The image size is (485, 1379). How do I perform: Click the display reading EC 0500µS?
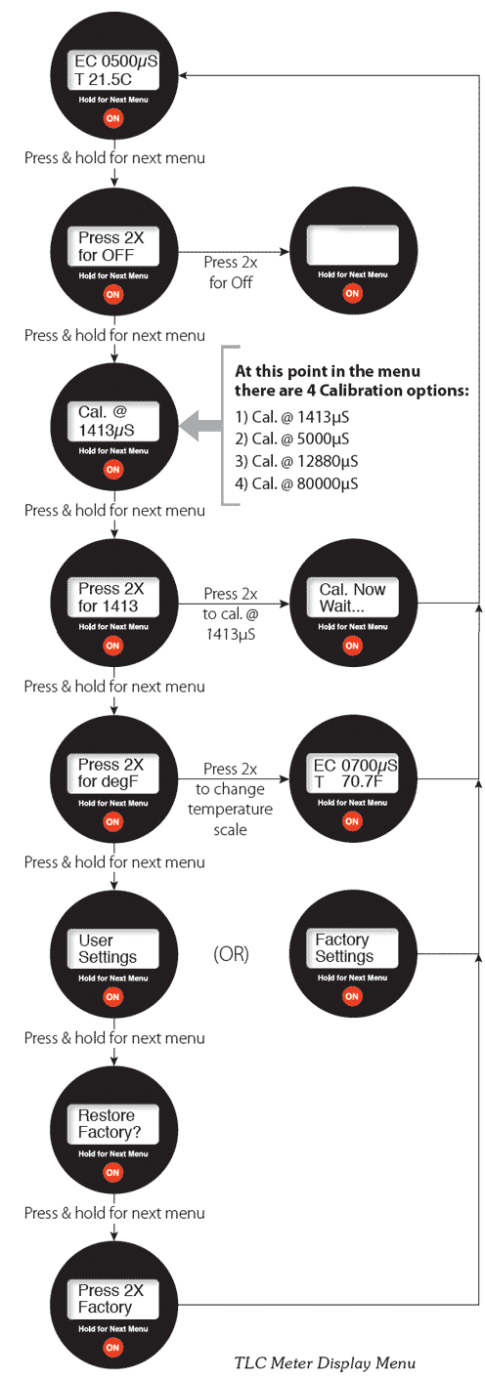113,70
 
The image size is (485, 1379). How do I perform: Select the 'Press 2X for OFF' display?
113,246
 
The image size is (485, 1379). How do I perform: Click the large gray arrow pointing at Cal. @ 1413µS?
200,426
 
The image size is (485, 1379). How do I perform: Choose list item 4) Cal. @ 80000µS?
296,483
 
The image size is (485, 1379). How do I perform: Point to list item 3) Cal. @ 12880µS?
296,461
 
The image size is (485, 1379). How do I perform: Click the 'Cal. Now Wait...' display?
352,597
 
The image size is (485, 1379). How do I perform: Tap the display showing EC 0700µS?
352,773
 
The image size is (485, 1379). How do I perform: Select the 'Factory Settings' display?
352,948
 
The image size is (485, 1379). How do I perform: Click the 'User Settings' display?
113,948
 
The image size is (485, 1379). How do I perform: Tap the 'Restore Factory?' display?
113,1124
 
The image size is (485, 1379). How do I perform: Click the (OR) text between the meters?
231,954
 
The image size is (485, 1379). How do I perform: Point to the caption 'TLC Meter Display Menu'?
325,1363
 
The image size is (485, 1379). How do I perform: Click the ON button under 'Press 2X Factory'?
112,1348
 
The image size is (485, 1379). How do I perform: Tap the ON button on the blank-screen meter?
352,293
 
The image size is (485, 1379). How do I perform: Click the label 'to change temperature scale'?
231,809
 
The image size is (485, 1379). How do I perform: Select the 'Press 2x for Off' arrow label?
231,272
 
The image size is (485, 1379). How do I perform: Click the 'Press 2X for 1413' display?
113,597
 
